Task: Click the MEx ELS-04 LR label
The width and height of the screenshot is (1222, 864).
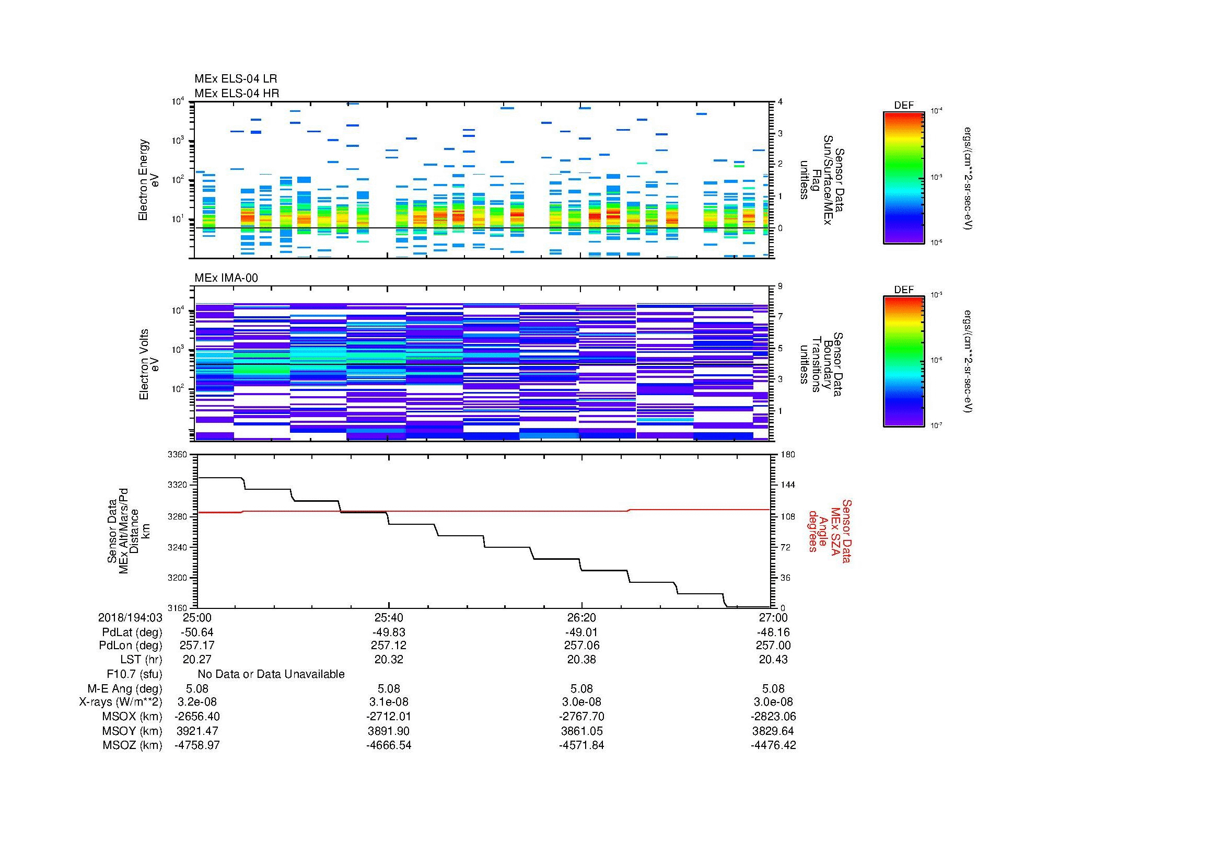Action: tap(235, 79)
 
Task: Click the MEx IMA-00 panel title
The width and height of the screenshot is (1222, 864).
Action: tap(226, 278)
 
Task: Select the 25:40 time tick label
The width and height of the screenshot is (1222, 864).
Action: tap(389, 617)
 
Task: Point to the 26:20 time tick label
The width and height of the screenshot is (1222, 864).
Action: tap(581, 617)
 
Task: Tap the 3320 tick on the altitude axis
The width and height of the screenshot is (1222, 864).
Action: tap(178, 485)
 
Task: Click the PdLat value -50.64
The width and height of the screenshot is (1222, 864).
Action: tap(197, 632)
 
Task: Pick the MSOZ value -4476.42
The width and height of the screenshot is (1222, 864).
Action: tap(773, 745)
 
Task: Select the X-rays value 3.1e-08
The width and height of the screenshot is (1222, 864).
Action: tap(389, 702)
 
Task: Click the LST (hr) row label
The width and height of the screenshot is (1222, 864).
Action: tap(141, 660)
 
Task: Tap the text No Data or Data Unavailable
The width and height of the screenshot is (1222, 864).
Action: tap(271, 674)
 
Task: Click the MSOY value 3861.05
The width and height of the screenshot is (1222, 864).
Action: tap(581, 731)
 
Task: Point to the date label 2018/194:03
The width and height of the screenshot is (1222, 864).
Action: tap(130, 617)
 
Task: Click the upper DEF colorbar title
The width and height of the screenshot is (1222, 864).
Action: tap(904, 106)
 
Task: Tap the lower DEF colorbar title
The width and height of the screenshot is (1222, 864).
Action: tap(904, 290)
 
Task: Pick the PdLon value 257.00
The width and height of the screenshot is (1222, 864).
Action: tap(773, 646)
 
